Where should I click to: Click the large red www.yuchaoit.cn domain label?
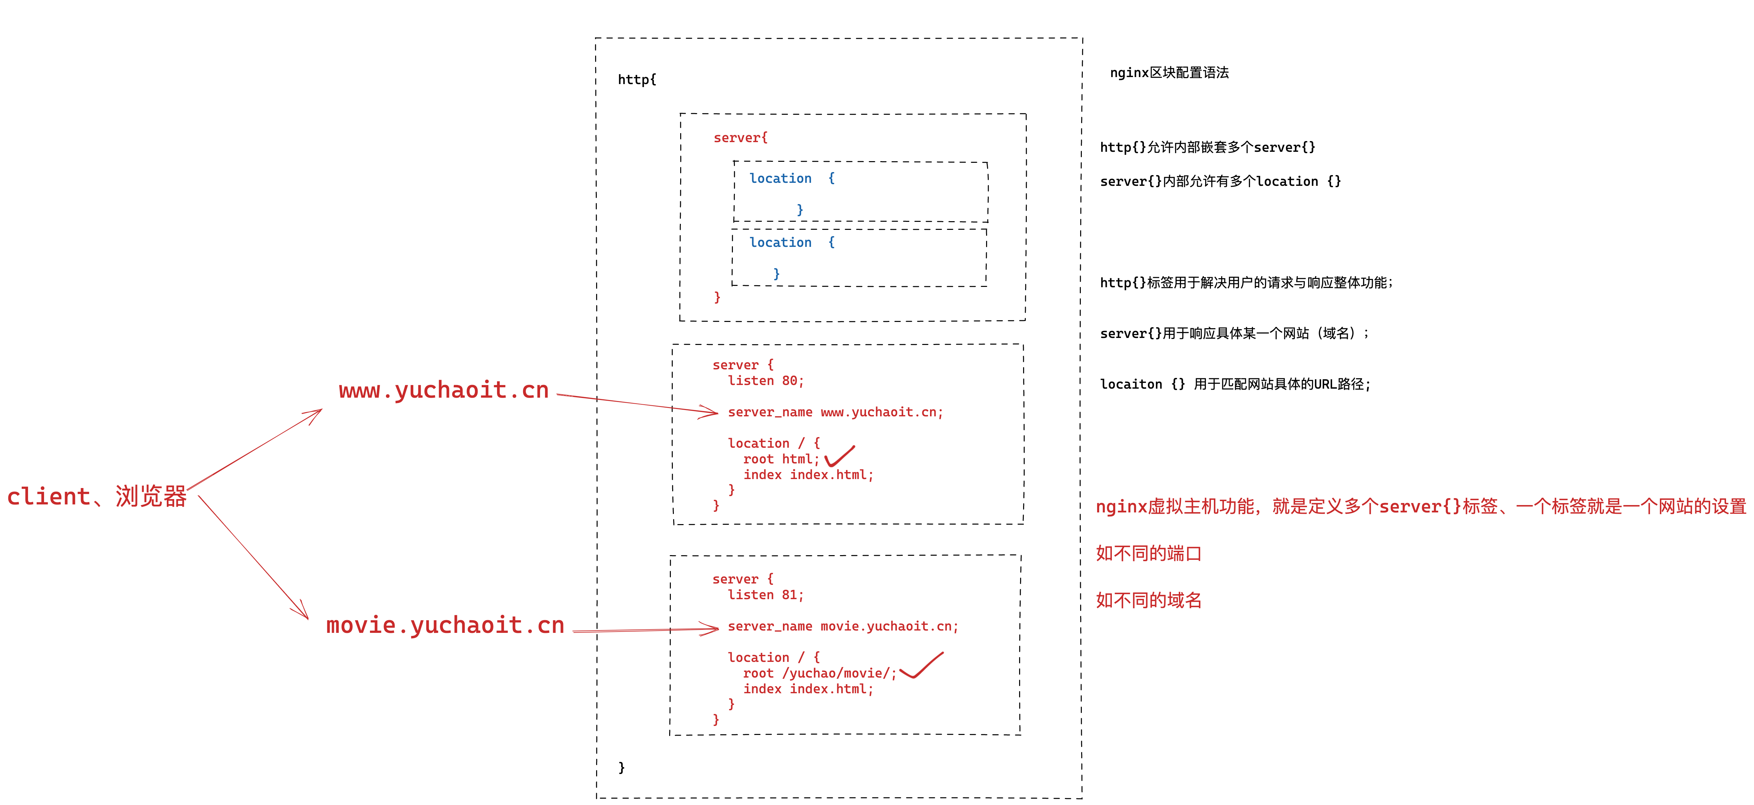pos(443,390)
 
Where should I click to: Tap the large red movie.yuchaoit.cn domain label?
pos(445,625)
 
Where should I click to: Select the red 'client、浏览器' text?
pos(97,496)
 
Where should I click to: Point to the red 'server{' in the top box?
pos(740,137)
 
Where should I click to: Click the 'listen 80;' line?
pos(765,381)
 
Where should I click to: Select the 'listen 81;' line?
pos(765,594)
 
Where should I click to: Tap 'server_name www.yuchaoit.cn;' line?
pos(835,412)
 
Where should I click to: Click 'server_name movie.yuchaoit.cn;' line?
pos(842,626)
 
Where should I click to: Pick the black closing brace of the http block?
pos(621,768)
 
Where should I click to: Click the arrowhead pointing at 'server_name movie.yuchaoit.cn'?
pos(712,629)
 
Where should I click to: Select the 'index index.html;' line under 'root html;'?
pos(808,475)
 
